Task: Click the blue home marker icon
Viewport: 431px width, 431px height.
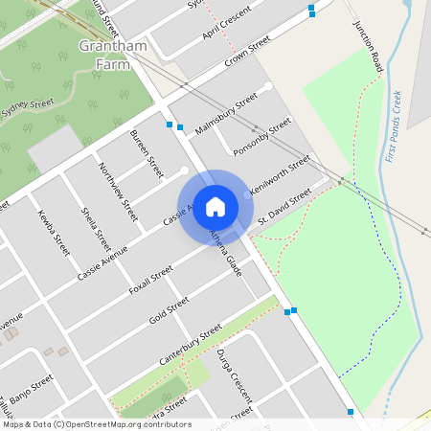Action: coord(215,207)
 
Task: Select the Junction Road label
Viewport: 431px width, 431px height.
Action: coord(368,47)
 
